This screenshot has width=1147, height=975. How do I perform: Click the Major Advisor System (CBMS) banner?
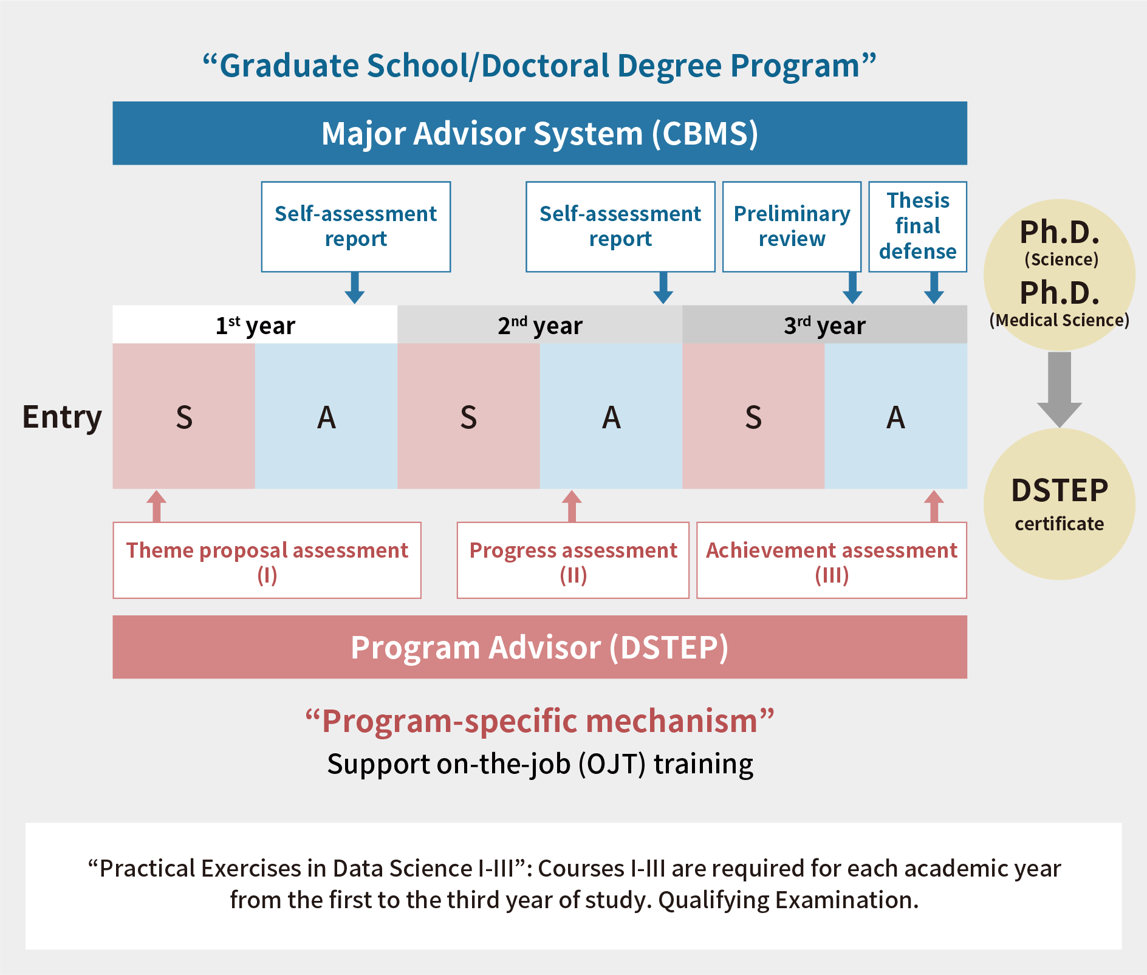click(539, 133)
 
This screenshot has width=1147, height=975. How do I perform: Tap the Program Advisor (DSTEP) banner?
click(539, 647)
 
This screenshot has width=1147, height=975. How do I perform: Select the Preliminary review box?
click(792, 227)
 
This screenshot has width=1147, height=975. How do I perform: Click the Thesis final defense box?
click(917, 227)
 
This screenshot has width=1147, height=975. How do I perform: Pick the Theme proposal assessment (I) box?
click(267, 560)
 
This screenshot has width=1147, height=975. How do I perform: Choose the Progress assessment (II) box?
click(573, 560)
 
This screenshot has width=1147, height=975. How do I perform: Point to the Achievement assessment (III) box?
click(832, 560)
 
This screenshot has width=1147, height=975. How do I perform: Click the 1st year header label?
click(255, 326)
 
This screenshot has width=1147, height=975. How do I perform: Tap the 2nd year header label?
click(540, 326)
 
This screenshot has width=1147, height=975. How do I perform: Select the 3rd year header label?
click(824, 326)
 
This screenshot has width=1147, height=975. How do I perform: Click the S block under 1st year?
click(183, 416)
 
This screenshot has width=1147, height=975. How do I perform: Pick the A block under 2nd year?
click(611, 416)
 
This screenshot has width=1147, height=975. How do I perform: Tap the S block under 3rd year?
click(753, 416)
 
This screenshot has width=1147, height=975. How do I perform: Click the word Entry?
click(62, 418)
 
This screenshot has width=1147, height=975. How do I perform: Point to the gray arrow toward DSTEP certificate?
click(1060, 389)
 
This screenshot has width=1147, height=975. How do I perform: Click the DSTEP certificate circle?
click(1060, 504)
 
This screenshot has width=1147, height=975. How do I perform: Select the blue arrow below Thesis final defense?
click(934, 288)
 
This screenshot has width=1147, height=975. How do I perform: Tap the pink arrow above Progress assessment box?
click(572, 506)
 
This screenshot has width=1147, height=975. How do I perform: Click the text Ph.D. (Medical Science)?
click(1060, 304)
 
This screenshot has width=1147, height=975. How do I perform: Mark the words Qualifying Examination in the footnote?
click(789, 900)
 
